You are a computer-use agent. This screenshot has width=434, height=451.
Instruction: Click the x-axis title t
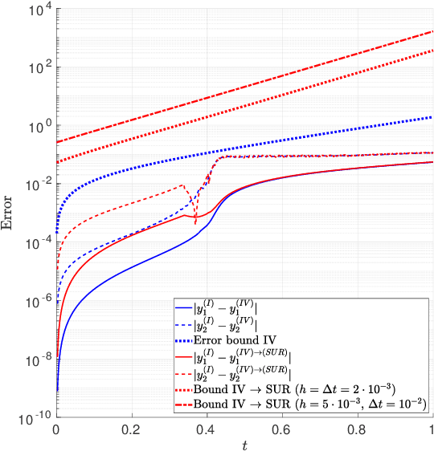244,444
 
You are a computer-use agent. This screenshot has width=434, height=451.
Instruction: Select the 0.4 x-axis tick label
207,429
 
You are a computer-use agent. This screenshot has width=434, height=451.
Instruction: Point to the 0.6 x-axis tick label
282,429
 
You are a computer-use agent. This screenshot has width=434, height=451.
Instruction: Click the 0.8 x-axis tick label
358,429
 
